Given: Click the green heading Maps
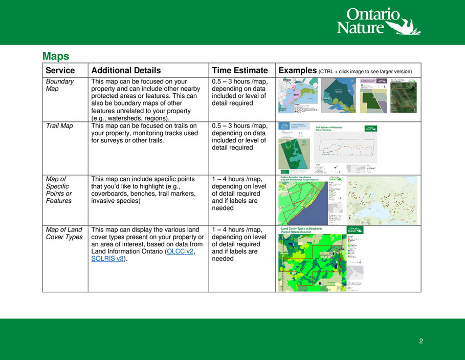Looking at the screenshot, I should pyautogui.click(x=56, y=55).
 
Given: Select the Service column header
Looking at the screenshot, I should pyautogui.click(x=60, y=71).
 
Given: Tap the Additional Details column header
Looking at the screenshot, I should pyautogui.click(x=126, y=71).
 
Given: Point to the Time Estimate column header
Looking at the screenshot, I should pyautogui.click(x=239, y=71).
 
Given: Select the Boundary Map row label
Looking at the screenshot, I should pyautogui.click(x=60, y=85).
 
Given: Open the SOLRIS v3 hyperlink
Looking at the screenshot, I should pyautogui.click(x=107, y=259).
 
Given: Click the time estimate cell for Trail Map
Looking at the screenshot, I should pyautogui.click(x=239, y=137).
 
